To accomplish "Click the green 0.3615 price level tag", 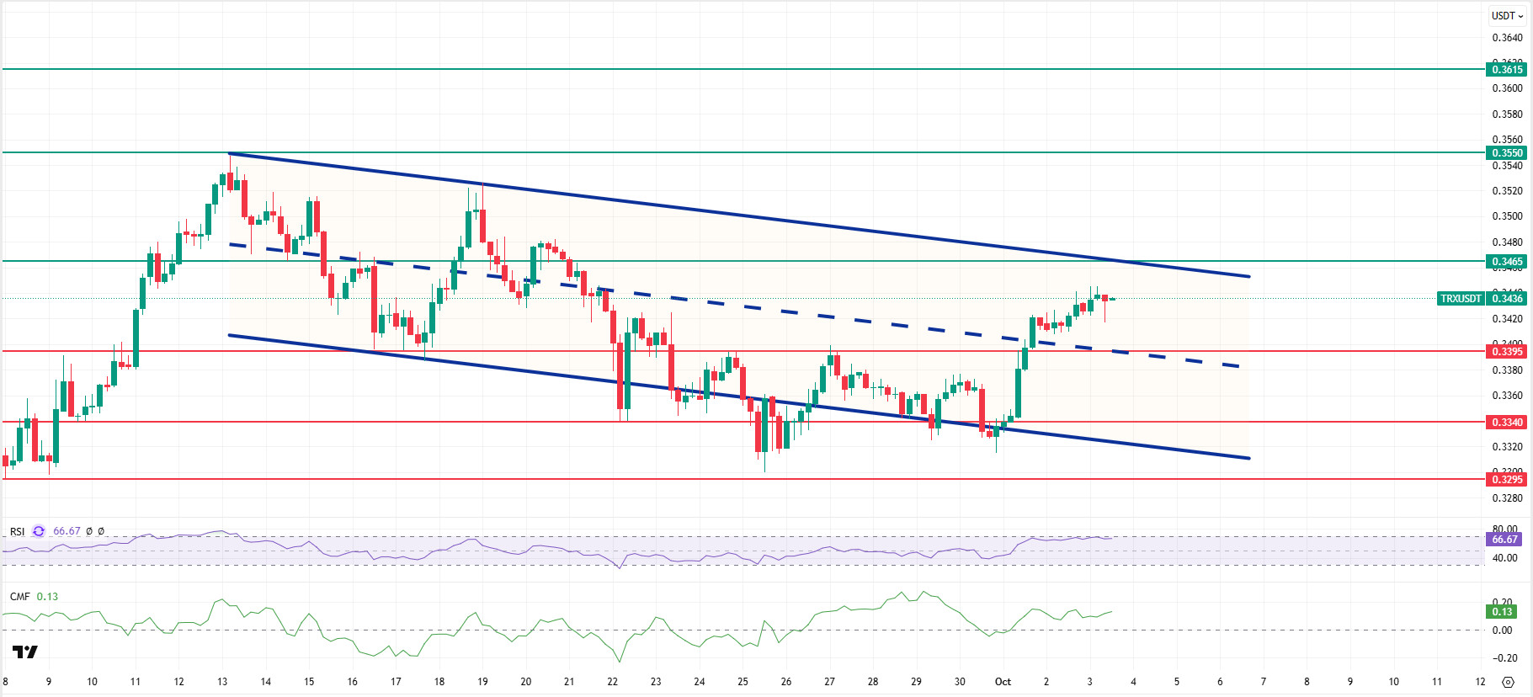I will [1506, 70].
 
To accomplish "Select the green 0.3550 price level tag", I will [1506, 153].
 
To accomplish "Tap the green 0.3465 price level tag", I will [1506, 262].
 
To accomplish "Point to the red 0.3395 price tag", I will [1506, 352].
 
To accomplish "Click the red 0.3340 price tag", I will [1506, 423].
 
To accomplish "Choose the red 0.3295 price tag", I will [1506, 480].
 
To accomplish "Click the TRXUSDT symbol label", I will [1460, 299].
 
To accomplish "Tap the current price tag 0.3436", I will [1507, 299].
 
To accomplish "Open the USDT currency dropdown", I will [1507, 16].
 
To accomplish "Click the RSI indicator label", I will [18, 532].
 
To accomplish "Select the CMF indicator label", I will [20, 597].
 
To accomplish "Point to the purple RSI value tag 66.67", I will [1504, 540].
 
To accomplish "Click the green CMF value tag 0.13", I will [1503, 612].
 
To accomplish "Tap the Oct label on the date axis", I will [1003, 682].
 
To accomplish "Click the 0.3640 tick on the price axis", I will [1507, 38].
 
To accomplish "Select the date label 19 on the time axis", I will [482, 682].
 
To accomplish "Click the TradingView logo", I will [25, 652].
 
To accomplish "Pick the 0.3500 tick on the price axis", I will [1507, 216].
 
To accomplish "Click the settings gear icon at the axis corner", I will [1508, 682].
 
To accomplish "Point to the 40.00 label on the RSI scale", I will [1505, 558].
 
